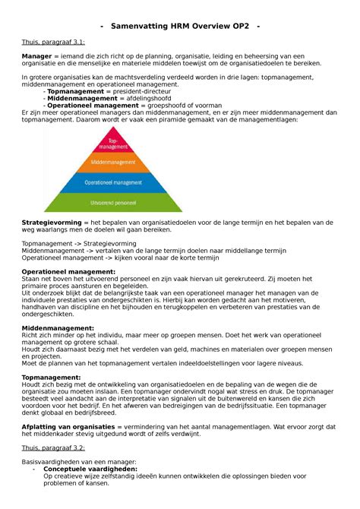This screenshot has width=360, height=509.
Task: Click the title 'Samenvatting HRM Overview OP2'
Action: [180, 27]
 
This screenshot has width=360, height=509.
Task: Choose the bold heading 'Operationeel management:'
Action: [68, 270]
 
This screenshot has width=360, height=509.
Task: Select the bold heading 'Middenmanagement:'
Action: [58, 327]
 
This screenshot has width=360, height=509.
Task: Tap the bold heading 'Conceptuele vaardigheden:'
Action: [90, 469]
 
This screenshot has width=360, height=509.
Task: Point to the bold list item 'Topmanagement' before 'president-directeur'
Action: [79, 91]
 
